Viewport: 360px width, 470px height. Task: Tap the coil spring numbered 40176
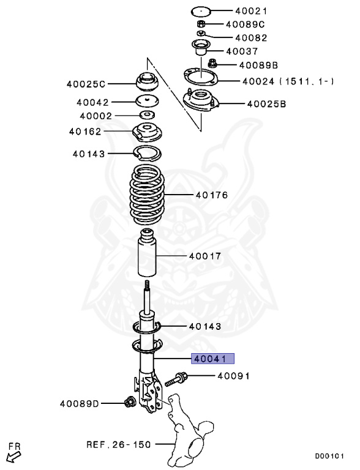148,196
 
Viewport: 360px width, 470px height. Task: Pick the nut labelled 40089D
130,402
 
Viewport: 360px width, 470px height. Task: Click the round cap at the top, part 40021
200,10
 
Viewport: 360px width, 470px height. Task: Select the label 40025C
86,83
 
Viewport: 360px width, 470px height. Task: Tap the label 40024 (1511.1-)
287,80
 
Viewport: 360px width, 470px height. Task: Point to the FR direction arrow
12,455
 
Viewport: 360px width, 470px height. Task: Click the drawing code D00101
330,456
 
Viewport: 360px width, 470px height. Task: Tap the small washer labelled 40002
148,115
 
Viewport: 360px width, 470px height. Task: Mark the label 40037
246,51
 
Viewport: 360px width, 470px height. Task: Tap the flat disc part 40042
148,101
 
